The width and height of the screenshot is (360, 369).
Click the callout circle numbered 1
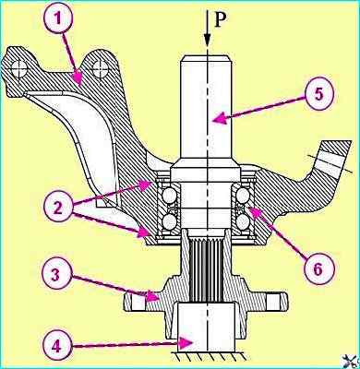pos(58,18)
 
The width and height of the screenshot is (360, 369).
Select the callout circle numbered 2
pos(58,207)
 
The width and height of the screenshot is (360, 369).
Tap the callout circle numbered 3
pos(55,275)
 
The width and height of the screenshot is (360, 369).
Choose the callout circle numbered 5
pos(319,94)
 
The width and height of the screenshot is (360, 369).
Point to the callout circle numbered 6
pos(318,269)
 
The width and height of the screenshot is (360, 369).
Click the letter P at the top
pos(221,20)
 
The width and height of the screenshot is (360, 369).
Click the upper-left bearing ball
pos(169,196)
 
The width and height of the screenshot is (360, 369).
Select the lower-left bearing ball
pos(169,220)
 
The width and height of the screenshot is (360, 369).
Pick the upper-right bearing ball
pos(244,196)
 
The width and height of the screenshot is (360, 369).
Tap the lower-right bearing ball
pos(244,220)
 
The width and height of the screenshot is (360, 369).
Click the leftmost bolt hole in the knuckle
pos(19,69)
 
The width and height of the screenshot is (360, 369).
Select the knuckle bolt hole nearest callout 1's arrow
pos(100,69)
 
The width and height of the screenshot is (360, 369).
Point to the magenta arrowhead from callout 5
pos(222,118)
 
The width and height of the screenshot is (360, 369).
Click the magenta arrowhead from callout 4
pos(187,343)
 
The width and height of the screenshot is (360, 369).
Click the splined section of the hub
pos(206,270)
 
